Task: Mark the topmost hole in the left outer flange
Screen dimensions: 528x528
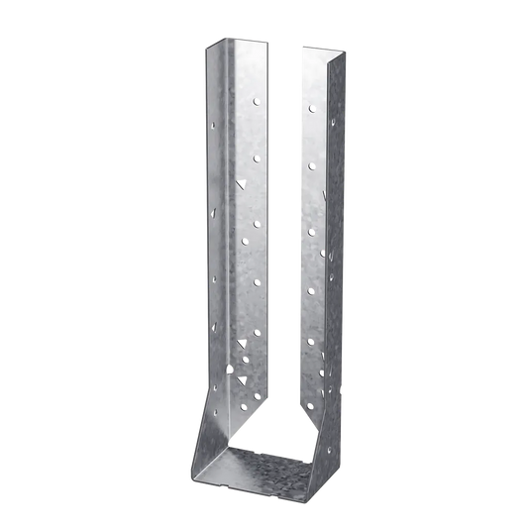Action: [216, 126]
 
